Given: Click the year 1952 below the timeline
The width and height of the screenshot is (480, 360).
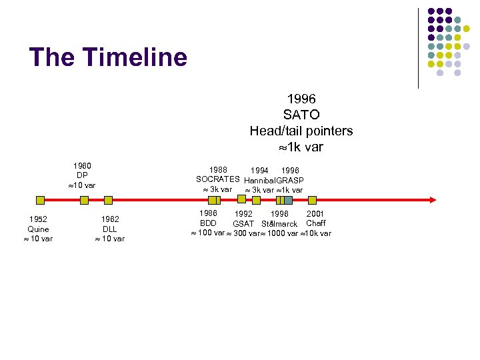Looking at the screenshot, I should [x=37, y=219].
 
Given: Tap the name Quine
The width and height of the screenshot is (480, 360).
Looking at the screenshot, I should [x=37, y=229].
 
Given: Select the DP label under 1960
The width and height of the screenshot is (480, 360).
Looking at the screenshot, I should [x=82, y=175].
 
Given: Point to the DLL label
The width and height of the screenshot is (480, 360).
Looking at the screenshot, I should [x=109, y=229].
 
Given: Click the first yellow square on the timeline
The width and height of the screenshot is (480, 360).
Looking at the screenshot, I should [x=40, y=199].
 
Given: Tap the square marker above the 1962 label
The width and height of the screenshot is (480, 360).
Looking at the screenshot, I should [x=109, y=199].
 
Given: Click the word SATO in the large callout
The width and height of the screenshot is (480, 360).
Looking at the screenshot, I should [x=301, y=115].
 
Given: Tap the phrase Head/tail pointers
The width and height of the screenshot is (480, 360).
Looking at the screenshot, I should [x=301, y=131].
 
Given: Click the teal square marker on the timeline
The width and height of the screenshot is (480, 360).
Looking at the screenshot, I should [x=289, y=199].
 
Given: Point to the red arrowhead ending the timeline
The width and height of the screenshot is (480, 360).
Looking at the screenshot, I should [x=432, y=199].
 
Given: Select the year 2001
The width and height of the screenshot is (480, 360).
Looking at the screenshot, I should [x=315, y=214].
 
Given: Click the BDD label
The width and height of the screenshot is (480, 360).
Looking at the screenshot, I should [x=208, y=223].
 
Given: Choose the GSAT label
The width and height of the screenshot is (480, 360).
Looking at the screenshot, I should [x=243, y=223].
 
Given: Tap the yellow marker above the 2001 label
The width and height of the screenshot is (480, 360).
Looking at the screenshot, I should [x=312, y=199].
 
